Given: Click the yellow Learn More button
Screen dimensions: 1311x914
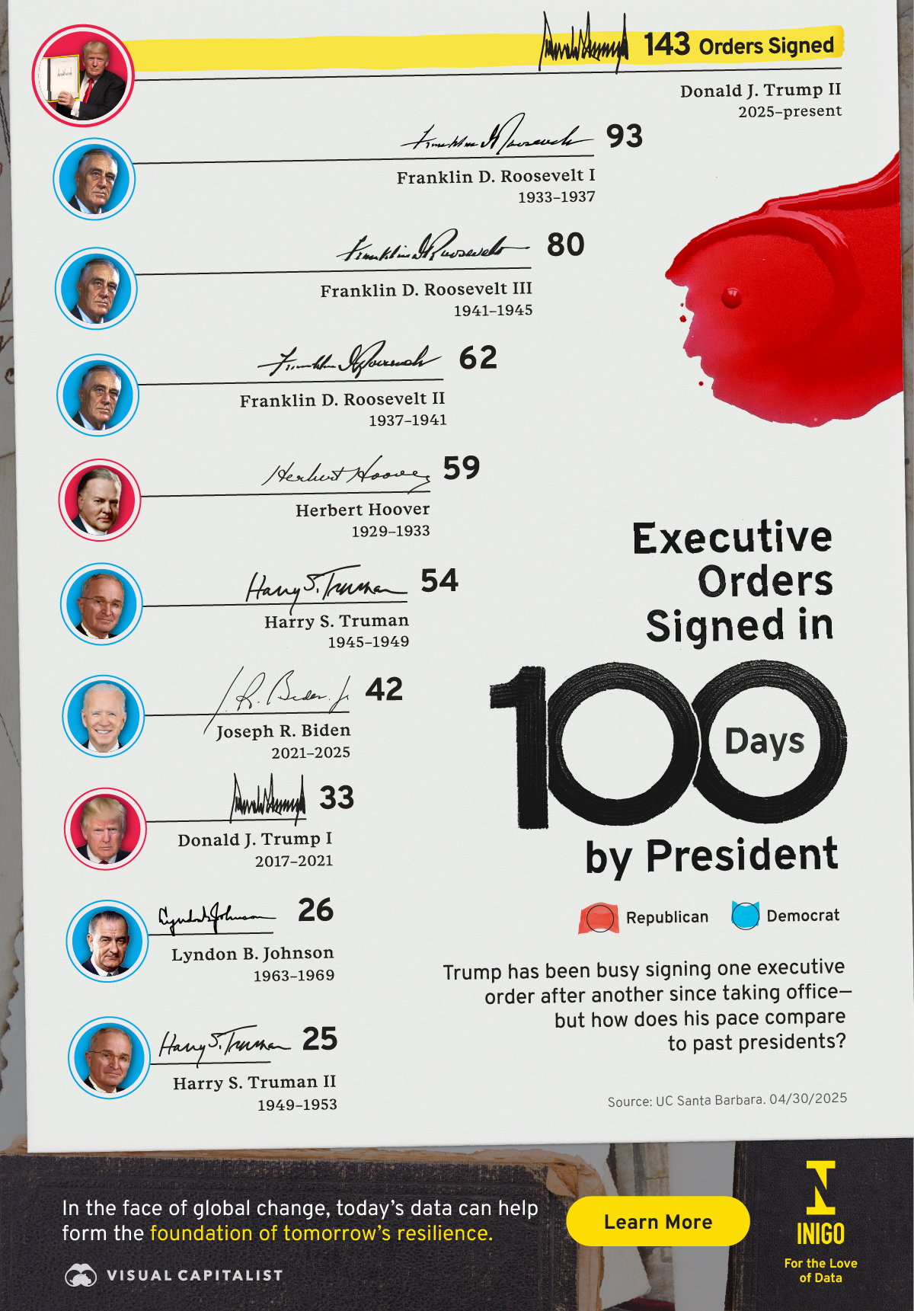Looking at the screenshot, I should (657, 1221).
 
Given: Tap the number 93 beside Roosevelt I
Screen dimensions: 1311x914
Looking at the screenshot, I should (625, 136).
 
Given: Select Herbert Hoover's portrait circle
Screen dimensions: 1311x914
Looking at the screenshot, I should (100, 500).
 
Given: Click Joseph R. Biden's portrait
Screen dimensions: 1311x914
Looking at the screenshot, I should (103, 716).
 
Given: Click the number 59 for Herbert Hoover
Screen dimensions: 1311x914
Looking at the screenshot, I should (462, 468).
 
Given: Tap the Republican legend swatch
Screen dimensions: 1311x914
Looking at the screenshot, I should (599, 917).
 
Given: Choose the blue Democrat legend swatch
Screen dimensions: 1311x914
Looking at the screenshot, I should (745, 915).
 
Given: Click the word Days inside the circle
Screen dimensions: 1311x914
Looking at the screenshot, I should (764, 741).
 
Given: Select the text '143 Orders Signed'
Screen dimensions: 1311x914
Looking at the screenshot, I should (739, 45).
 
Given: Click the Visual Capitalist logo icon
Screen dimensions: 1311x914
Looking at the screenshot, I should (81, 1275).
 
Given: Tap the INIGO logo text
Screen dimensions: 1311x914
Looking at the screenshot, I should (820, 1233).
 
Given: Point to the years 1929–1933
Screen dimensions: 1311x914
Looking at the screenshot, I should (390, 531).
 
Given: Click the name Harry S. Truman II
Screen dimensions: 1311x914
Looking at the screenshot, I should (254, 1082).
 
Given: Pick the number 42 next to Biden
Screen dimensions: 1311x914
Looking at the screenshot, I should (384, 689).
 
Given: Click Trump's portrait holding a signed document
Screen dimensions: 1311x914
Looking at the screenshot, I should (83, 75).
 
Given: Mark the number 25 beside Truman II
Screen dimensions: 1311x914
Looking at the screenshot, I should (320, 1039).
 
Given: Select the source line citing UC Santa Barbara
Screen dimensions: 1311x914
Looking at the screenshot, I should (727, 1099).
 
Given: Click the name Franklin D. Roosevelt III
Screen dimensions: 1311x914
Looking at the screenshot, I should (426, 289).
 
